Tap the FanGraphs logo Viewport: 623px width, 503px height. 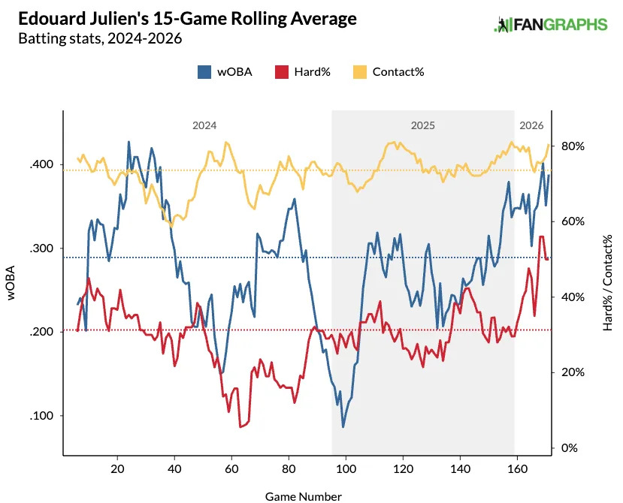click(550, 25)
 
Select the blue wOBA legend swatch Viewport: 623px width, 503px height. click(204, 72)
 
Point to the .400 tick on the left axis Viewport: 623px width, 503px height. click(42, 164)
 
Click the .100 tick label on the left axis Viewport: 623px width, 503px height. click(42, 416)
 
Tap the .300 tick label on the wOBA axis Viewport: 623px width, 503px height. click(42, 248)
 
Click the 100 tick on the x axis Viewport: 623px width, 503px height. click(346, 468)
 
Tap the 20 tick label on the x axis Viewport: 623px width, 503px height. click(117, 468)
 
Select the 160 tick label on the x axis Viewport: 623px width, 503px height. click(516, 468)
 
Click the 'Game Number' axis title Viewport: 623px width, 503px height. click(304, 496)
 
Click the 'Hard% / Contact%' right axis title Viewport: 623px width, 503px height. click(607, 282)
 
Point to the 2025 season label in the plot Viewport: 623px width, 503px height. click(422, 125)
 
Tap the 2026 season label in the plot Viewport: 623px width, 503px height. click(531, 125)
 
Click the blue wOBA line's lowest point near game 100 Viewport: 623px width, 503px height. click(343, 427)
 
